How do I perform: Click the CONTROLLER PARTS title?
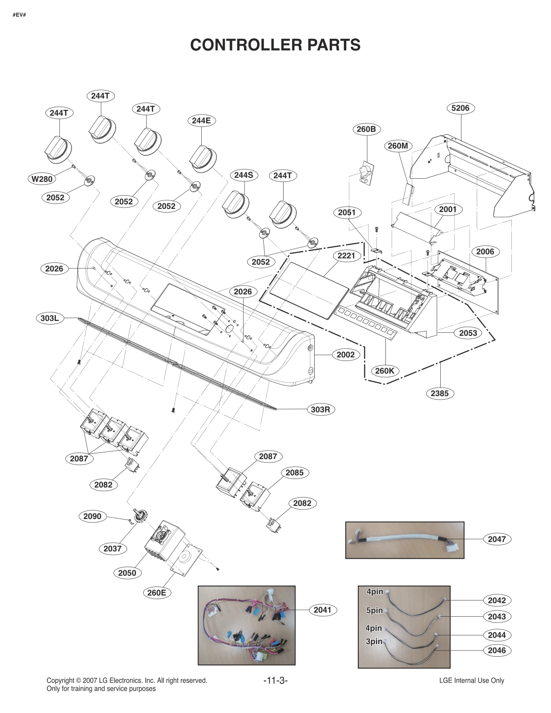(x=275, y=45)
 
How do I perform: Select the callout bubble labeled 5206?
(x=460, y=108)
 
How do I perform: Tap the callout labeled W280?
(x=42, y=179)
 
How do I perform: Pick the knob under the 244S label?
(x=235, y=205)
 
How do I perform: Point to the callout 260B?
(x=366, y=129)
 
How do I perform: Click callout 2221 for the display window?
(x=346, y=256)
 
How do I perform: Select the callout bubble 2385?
(x=439, y=393)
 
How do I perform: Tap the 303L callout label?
(x=50, y=318)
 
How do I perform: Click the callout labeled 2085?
(x=294, y=473)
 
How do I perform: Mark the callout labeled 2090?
(x=92, y=516)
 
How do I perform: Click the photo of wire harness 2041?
(x=247, y=625)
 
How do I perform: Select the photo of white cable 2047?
(x=404, y=540)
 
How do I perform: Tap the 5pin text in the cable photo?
(x=374, y=610)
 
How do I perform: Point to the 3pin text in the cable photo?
(x=374, y=641)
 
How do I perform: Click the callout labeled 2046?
(x=497, y=650)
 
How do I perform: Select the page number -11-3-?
(x=275, y=680)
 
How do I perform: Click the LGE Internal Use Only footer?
(x=471, y=681)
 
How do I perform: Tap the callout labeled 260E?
(x=157, y=592)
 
